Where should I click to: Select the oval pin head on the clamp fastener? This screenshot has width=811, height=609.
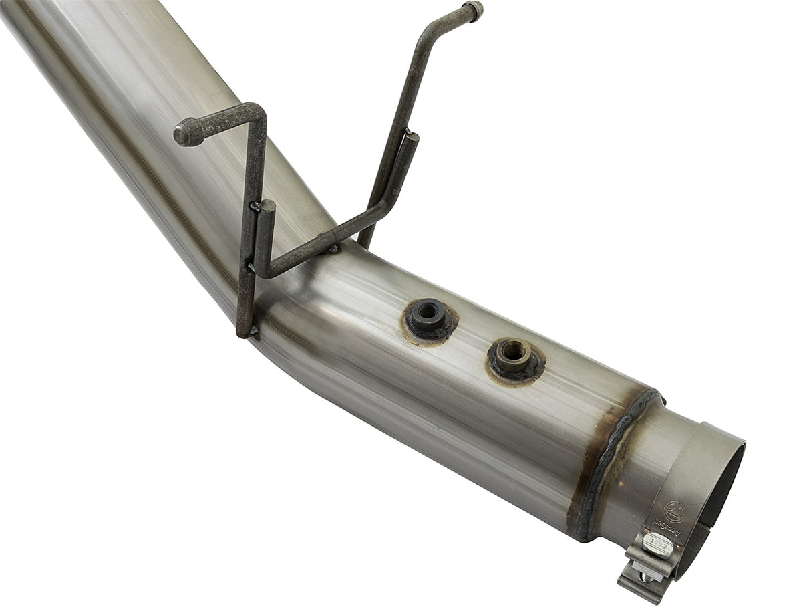coord(657,544)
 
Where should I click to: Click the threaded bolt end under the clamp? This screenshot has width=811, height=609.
coord(644,575)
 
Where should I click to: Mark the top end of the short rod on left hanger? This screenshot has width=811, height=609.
coord(267,206)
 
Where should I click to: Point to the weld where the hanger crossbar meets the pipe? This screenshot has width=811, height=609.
coord(332,249)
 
